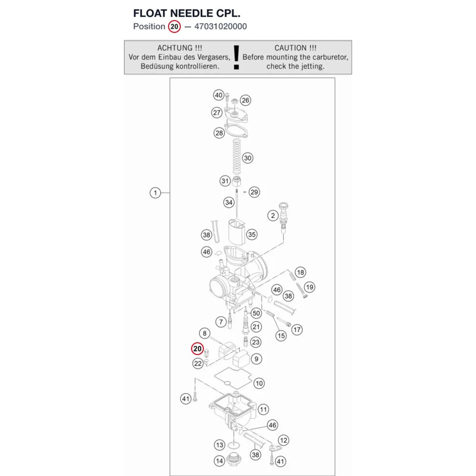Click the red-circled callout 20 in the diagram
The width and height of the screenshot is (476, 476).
coord(198,348)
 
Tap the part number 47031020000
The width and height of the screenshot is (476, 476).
coord(220,26)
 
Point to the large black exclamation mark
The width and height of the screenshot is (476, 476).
coord(237,58)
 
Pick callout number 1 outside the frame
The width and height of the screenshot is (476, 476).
coord(155,193)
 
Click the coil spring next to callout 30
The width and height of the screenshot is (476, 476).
coord(237,156)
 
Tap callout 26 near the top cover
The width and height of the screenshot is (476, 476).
coord(245,100)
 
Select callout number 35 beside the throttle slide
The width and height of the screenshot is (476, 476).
coord(252,234)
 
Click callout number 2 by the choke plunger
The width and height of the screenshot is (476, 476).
coord(273,216)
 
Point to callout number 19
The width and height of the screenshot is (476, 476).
coord(309,287)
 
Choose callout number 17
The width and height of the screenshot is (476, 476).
coord(297,329)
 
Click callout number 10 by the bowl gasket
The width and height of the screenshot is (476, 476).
coord(259,383)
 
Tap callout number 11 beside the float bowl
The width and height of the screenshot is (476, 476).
coord(263,409)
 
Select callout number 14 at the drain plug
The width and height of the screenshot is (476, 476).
coord(219,461)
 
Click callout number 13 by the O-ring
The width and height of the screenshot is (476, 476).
coord(219,445)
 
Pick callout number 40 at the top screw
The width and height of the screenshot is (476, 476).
coord(218,95)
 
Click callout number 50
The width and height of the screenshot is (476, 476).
coord(256,313)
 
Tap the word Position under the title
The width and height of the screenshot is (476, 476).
coord(149,26)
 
